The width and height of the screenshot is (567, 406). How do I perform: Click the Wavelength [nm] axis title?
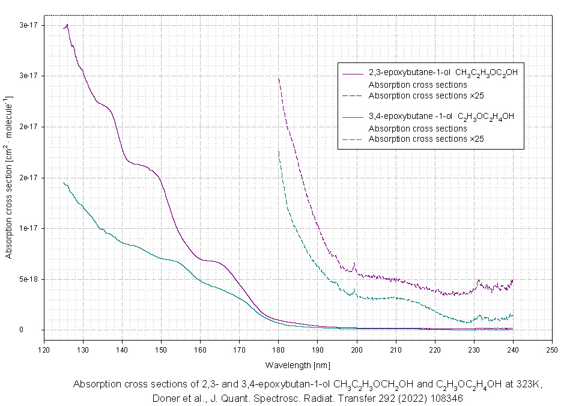[x=297, y=365]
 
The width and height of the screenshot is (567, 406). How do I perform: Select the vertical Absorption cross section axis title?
[x=9, y=177]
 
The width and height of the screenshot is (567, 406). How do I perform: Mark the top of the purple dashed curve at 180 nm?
[x=279, y=78]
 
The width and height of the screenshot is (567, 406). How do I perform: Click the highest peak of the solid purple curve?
[x=67, y=25]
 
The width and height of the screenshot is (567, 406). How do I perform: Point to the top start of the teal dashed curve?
[x=279, y=151]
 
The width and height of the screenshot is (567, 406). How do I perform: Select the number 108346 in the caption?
[x=444, y=398]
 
